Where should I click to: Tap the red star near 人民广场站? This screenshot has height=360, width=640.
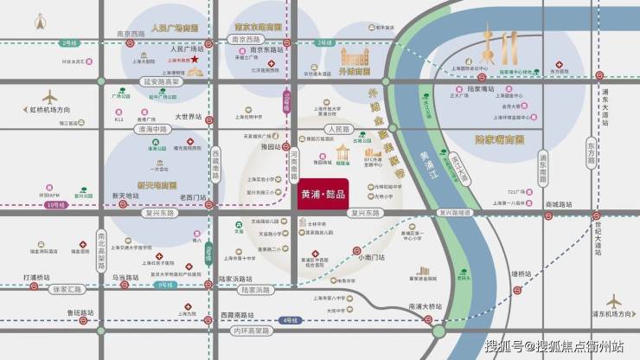coord(196,61)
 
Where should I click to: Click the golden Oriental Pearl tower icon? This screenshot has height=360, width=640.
coord(490,43)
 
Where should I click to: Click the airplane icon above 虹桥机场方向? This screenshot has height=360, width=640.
coord(50,96)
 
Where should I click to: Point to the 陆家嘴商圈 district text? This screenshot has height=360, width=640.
coord(500,138)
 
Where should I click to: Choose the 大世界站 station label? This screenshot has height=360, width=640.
coord(188,116)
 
